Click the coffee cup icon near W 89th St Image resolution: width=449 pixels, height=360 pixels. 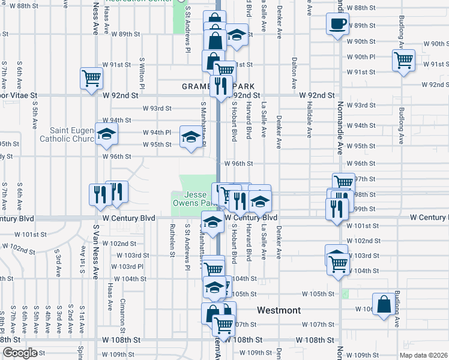click(337, 25)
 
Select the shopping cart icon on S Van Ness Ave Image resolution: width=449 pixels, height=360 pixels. click(92, 78)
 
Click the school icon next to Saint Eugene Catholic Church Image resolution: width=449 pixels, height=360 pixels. click(106, 133)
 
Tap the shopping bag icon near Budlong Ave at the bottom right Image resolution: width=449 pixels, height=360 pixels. click(383, 304)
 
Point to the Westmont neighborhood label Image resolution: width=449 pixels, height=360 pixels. click(279, 310)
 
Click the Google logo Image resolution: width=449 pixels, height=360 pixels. click(20, 353)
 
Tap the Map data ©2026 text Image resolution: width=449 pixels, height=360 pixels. click(423, 355)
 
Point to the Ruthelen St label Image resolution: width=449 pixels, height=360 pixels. click(172, 241)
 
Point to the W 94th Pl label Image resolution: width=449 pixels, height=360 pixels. click(157, 132)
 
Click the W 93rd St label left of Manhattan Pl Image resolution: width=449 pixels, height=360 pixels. click(157, 109)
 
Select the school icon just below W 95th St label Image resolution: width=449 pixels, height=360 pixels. click(190, 139)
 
